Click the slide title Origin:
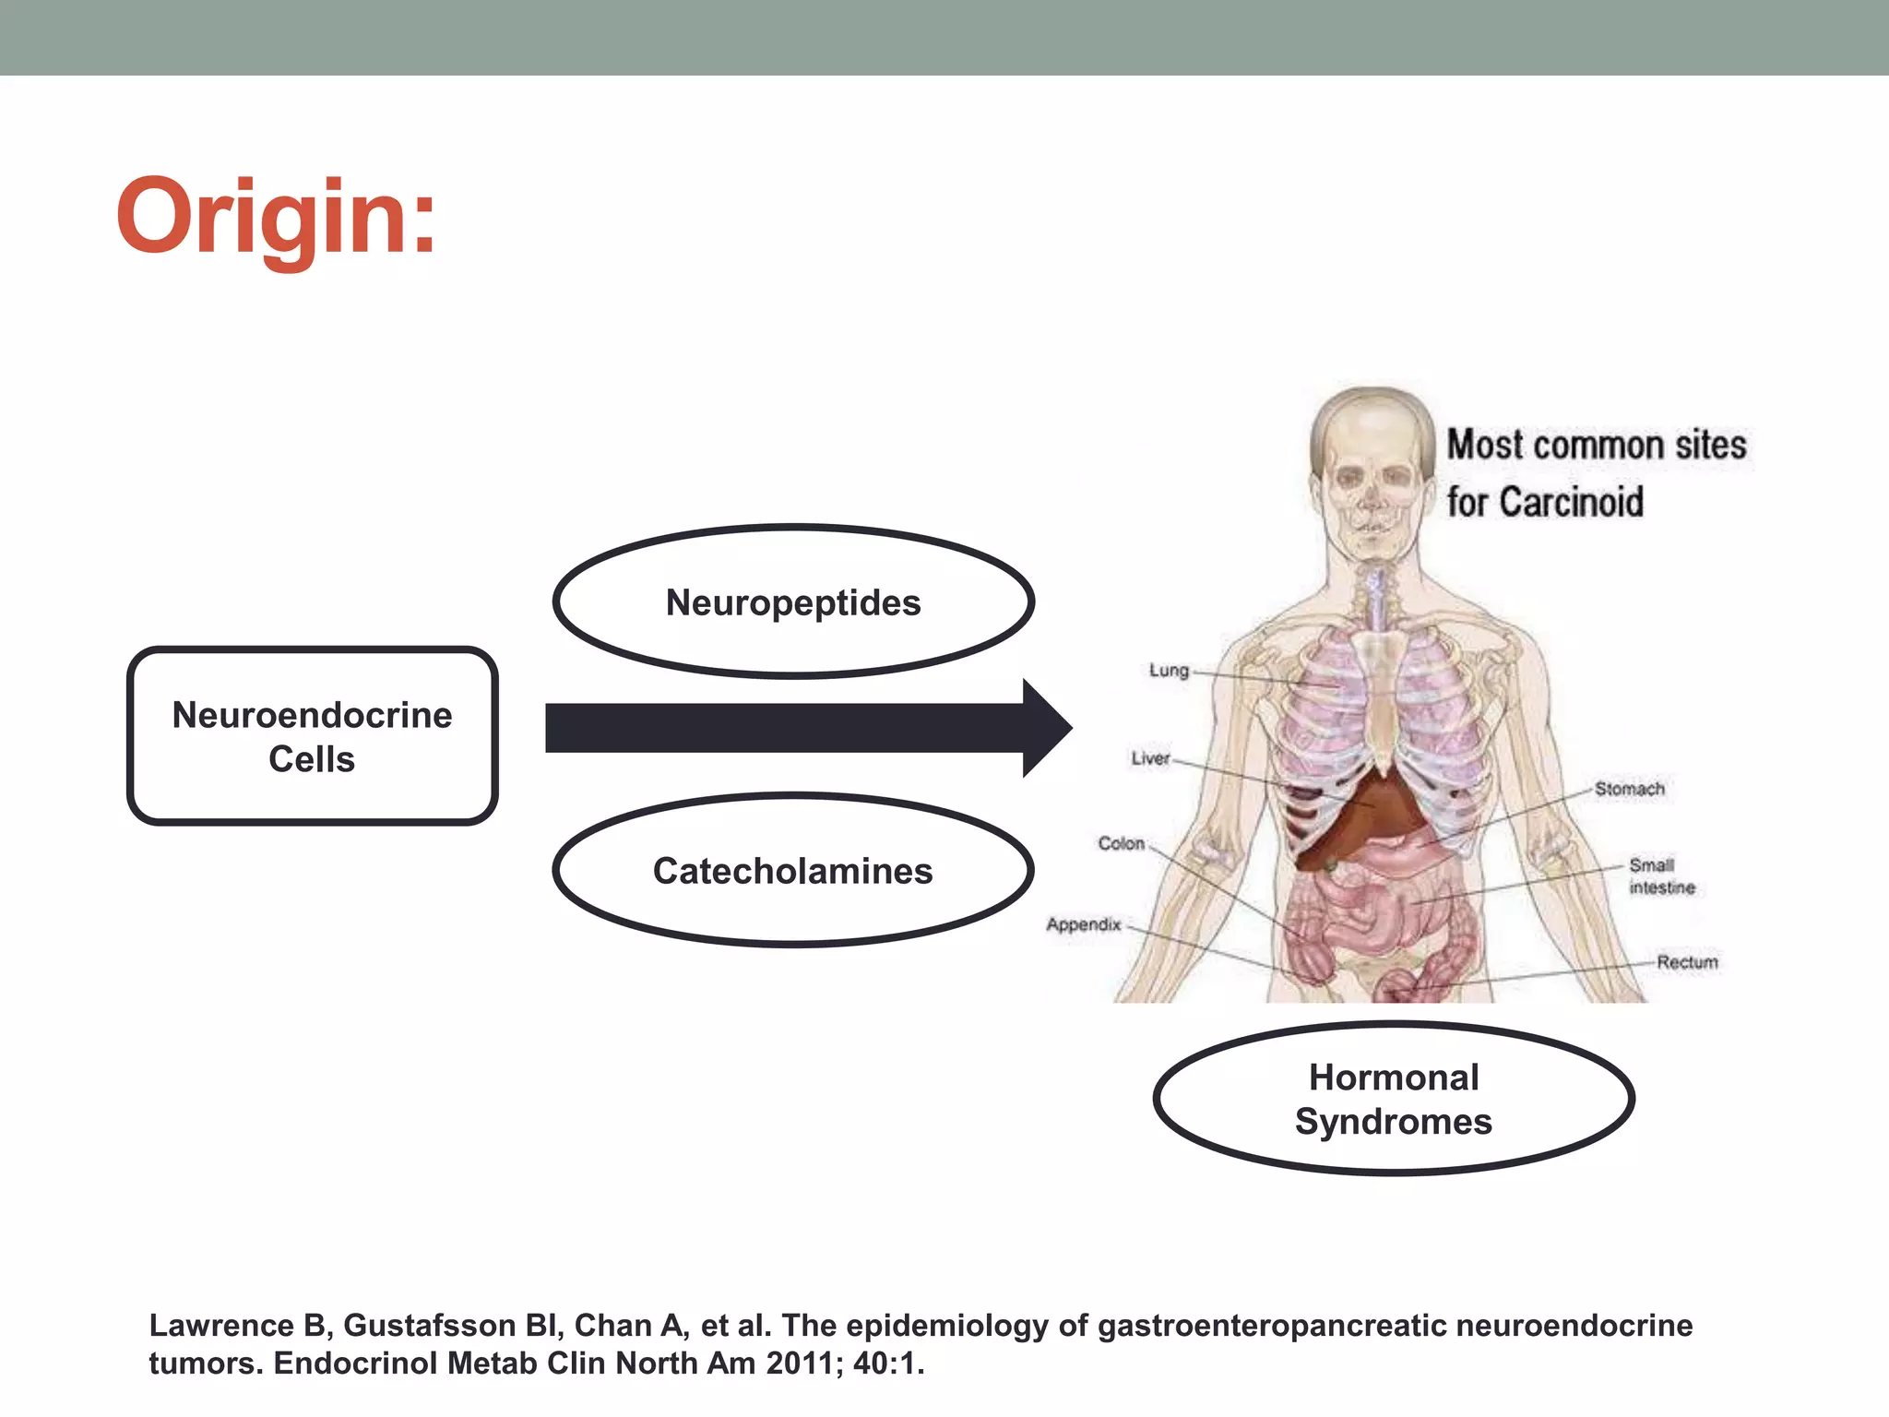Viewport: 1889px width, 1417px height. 276,218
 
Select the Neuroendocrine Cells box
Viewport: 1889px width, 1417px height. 312,736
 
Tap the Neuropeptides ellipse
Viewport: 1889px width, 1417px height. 793,603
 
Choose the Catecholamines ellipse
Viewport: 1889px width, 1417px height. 793,871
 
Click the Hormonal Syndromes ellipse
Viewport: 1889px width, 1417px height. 1393,1099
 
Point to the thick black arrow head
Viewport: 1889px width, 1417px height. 1046,728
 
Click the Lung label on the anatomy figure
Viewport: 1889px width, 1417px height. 1169,671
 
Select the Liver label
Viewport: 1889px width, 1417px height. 1150,758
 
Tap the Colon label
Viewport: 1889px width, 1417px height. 1121,843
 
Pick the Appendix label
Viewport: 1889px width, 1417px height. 1084,924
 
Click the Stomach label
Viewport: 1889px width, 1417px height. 1630,789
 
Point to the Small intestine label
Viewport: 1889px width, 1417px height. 1661,876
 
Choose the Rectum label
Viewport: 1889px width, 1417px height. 1687,962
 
